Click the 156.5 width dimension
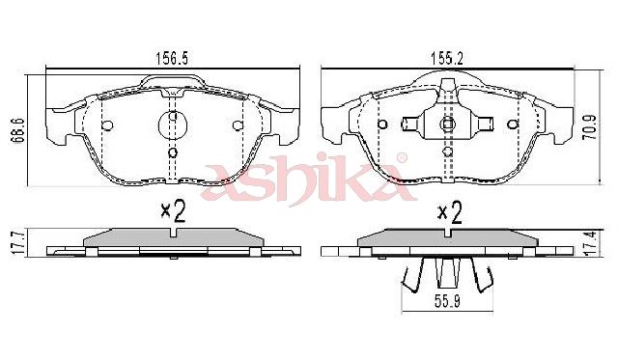click(172, 59)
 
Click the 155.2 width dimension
click(446, 59)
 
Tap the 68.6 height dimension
click(19, 129)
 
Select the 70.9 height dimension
click(590, 127)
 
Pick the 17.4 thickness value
click(591, 244)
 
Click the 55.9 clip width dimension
click(447, 301)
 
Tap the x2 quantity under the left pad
click(173, 212)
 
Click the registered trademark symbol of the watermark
click(402, 158)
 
